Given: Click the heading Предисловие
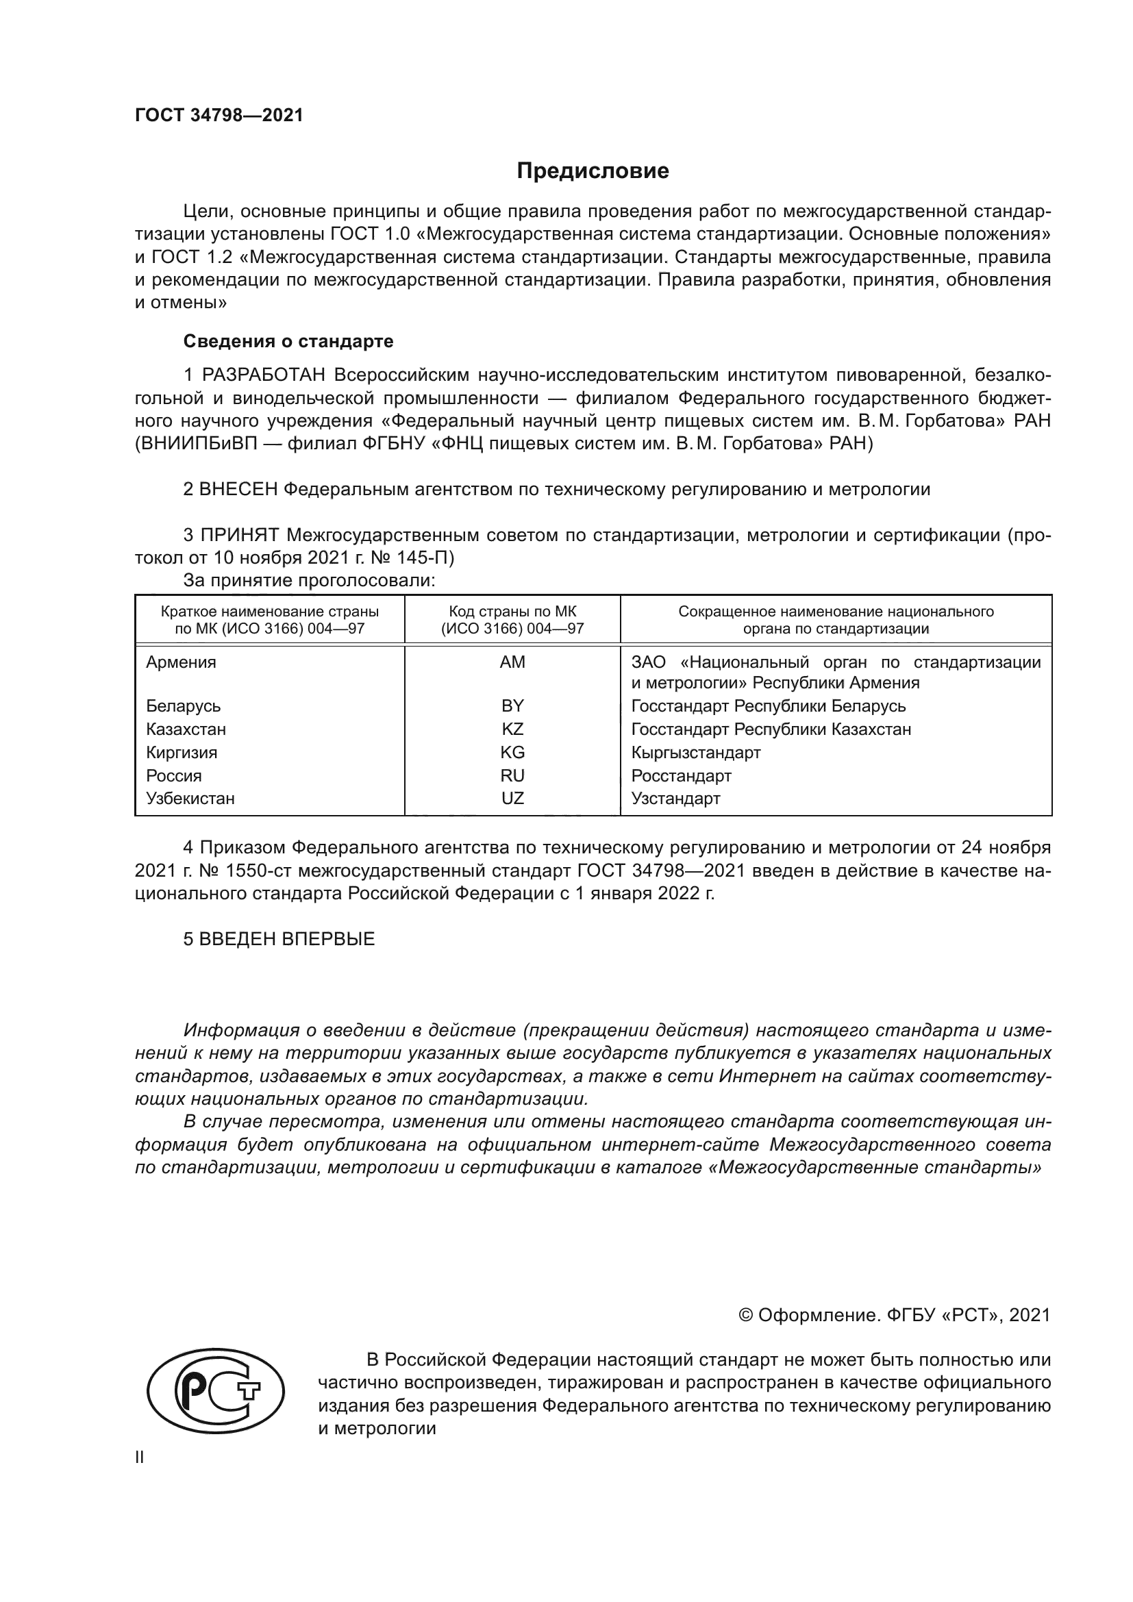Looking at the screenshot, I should (x=593, y=171).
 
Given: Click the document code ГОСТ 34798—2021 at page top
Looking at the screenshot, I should (x=219, y=116).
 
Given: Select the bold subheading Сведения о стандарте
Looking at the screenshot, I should (x=288, y=341).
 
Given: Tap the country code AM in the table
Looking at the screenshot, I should (x=512, y=662).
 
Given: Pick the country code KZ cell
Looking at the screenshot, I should (x=512, y=729).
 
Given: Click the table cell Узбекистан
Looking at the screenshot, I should (x=190, y=798).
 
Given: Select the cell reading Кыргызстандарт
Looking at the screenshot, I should (x=695, y=752).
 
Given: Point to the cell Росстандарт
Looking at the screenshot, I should (x=681, y=775).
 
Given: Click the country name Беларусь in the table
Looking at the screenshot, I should (x=184, y=705).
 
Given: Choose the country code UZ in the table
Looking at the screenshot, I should (x=512, y=798).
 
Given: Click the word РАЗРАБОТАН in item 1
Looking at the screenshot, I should (x=264, y=375).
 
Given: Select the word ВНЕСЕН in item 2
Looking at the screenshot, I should (x=238, y=489).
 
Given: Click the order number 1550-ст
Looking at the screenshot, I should (x=252, y=871).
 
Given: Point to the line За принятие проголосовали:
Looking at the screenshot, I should (x=309, y=580).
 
